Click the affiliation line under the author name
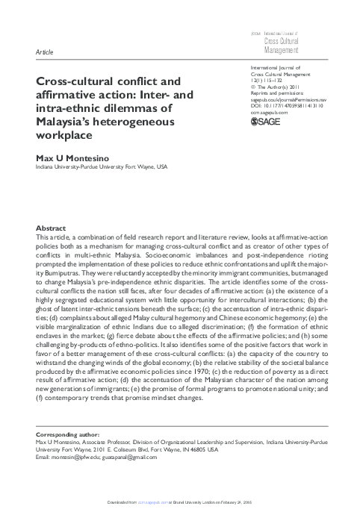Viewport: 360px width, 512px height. pos(102,168)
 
